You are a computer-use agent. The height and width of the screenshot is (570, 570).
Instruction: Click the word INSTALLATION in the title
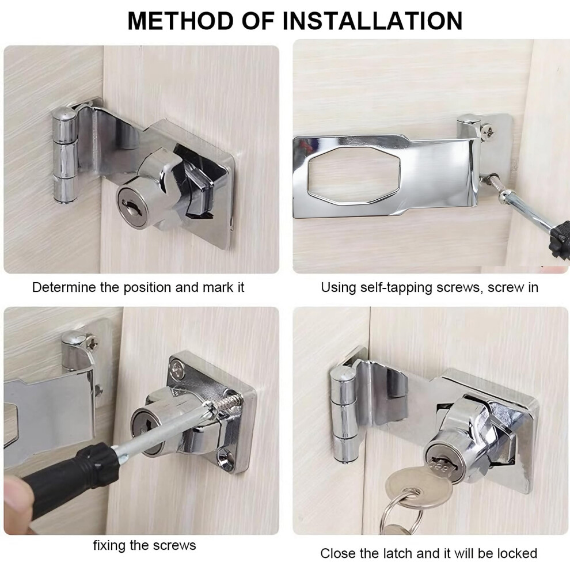(x=373, y=21)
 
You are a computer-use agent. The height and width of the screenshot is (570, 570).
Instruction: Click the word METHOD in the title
(x=181, y=21)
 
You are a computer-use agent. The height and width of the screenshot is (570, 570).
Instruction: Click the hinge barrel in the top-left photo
(x=66, y=155)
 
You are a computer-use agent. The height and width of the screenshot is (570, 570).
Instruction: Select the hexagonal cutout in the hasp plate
(x=354, y=176)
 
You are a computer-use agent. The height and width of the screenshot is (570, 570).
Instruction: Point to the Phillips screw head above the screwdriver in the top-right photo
(x=487, y=130)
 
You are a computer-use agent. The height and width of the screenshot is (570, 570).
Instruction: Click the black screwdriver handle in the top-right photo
(x=561, y=240)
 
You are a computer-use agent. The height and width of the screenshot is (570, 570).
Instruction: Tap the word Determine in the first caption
(x=64, y=287)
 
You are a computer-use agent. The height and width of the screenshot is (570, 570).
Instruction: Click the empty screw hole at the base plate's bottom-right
(x=225, y=457)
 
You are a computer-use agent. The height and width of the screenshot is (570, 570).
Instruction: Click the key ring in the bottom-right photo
(x=402, y=509)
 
